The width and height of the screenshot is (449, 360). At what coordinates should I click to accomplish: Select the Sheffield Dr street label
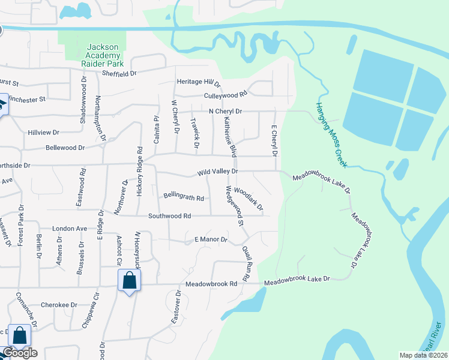pos(119,73)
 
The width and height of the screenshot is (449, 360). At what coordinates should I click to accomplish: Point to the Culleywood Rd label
pos(226,95)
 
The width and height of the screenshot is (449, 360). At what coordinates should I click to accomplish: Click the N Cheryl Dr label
pos(225,112)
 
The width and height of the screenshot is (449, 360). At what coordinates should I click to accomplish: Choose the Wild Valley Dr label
pos(218,172)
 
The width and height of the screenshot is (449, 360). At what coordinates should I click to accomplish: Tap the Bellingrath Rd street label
pos(184,197)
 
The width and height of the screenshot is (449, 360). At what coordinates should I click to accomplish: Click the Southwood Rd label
pos(169,216)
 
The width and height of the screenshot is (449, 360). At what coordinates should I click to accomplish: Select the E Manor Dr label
pos(211,240)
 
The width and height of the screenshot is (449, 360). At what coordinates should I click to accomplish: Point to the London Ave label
pos(70,229)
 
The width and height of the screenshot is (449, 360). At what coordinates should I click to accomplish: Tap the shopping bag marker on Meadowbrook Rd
pos(129,281)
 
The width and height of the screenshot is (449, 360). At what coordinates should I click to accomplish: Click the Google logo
pos(20,353)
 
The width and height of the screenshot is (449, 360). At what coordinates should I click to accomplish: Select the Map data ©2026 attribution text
pos(423,355)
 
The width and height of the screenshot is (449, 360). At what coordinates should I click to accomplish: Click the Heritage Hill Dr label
pos(199,82)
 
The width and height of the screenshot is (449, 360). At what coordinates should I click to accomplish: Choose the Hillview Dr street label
pos(43,132)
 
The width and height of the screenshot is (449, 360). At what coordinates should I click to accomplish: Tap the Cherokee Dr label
pos(59,305)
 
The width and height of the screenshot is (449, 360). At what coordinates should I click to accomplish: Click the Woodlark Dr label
pos(249,199)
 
